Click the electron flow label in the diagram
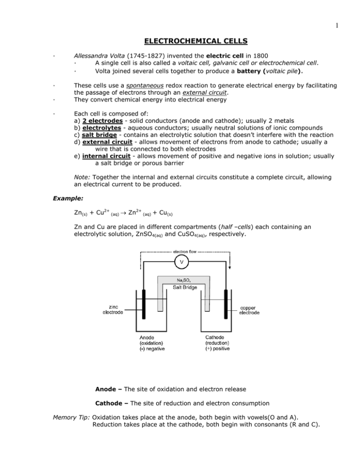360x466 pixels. (x=180, y=251)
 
